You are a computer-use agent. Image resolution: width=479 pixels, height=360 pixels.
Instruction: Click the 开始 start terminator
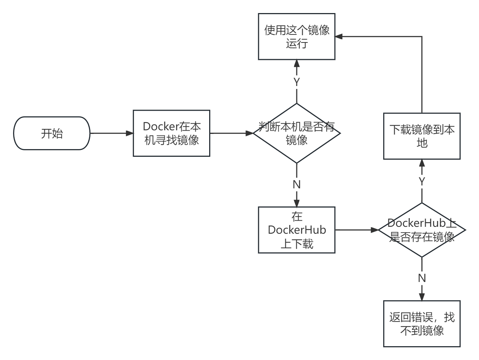click(52, 133)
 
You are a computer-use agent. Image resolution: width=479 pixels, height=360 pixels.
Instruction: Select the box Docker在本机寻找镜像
click(171, 133)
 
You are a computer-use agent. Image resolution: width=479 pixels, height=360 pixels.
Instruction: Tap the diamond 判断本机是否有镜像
click(297, 133)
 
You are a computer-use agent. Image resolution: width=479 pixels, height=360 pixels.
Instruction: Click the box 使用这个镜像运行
click(297, 37)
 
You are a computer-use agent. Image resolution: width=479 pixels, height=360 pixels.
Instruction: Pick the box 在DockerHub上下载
click(297, 230)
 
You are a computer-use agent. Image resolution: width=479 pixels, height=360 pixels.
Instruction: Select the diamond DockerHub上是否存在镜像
click(422, 230)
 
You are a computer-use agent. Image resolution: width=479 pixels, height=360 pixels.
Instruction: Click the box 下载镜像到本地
click(422, 136)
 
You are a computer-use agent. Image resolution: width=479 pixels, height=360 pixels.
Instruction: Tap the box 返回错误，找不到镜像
click(422, 324)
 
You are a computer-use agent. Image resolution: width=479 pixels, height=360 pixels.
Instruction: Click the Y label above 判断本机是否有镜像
click(297, 82)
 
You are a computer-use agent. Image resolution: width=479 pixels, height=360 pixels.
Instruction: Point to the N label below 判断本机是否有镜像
click(297, 184)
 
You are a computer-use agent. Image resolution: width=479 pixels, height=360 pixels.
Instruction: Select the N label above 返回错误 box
click(422, 278)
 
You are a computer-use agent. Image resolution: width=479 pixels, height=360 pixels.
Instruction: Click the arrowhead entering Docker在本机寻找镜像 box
click(130, 133)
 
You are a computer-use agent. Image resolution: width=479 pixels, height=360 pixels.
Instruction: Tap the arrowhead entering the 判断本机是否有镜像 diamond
click(249, 133)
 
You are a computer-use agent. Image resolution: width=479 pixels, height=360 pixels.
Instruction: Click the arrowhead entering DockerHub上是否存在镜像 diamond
click(374, 230)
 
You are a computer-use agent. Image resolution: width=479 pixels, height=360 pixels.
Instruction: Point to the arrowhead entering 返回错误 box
click(422, 297)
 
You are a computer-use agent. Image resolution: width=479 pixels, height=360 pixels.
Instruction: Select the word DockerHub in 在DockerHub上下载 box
click(297, 230)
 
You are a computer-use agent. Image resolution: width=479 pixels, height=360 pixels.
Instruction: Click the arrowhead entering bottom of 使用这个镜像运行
click(297, 64)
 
